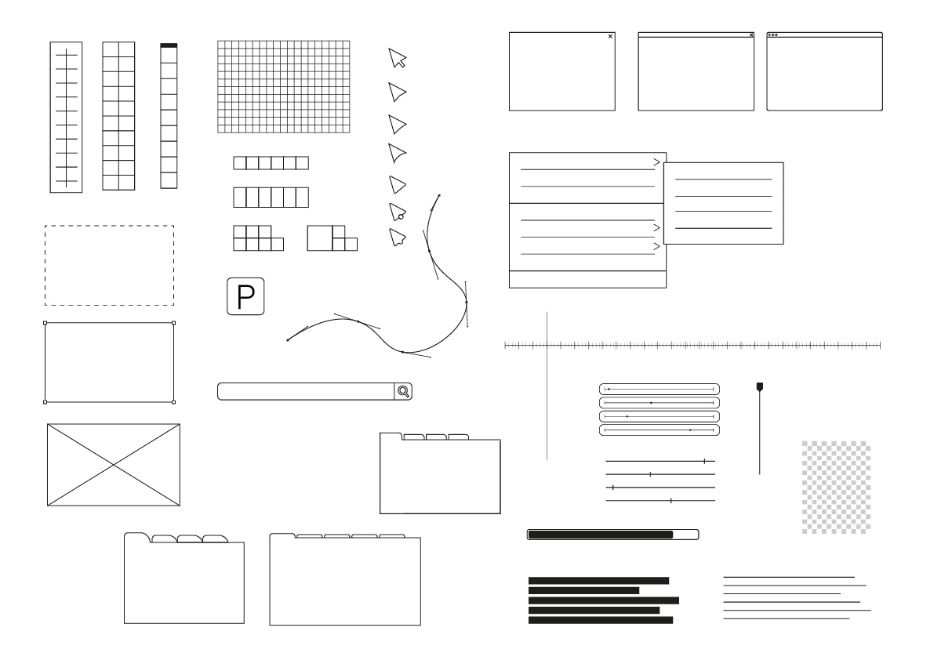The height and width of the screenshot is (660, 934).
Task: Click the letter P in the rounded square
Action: click(245, 296)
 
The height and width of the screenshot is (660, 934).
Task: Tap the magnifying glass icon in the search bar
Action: click(403, 391)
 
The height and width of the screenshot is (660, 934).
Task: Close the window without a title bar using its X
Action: click(610, 36)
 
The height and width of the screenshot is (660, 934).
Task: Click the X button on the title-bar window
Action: click(751, 35)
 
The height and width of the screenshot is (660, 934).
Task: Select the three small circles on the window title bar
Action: click(772, 35)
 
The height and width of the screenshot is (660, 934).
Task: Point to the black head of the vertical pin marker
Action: click(759, 387)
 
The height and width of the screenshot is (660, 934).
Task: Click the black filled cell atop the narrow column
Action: click(169, 45)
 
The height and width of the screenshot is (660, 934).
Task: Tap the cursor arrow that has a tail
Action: click(398, 58)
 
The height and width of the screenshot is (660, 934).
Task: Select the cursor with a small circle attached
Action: click(398, 212)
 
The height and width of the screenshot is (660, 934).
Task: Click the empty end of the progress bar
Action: click(685, 535)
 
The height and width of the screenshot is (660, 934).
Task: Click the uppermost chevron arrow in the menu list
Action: click(656, 162)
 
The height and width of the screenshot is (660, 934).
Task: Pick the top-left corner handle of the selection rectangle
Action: click(45, 323)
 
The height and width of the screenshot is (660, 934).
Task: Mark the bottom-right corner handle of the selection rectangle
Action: click(174, 402)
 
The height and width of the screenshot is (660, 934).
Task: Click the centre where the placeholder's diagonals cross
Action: click(114, 465)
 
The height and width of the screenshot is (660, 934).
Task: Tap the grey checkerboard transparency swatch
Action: click(836, 487)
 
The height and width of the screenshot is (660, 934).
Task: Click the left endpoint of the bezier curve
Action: click(288, 340)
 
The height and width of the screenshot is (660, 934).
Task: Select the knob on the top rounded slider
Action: click(609, 390)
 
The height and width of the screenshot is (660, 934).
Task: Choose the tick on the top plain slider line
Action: click(705, 461)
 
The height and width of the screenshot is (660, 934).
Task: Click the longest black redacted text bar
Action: click(603, 600)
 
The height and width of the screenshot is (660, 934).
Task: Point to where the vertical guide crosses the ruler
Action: click(547, 345)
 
